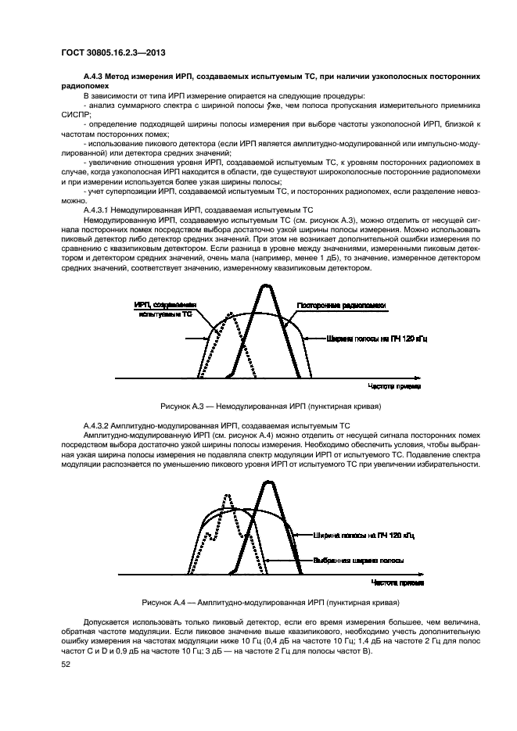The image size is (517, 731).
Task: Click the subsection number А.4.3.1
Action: pos(99,211)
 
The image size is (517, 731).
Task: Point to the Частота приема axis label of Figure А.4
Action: pos(397,582)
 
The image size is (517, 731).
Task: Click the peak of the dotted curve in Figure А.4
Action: pos(227,496)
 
